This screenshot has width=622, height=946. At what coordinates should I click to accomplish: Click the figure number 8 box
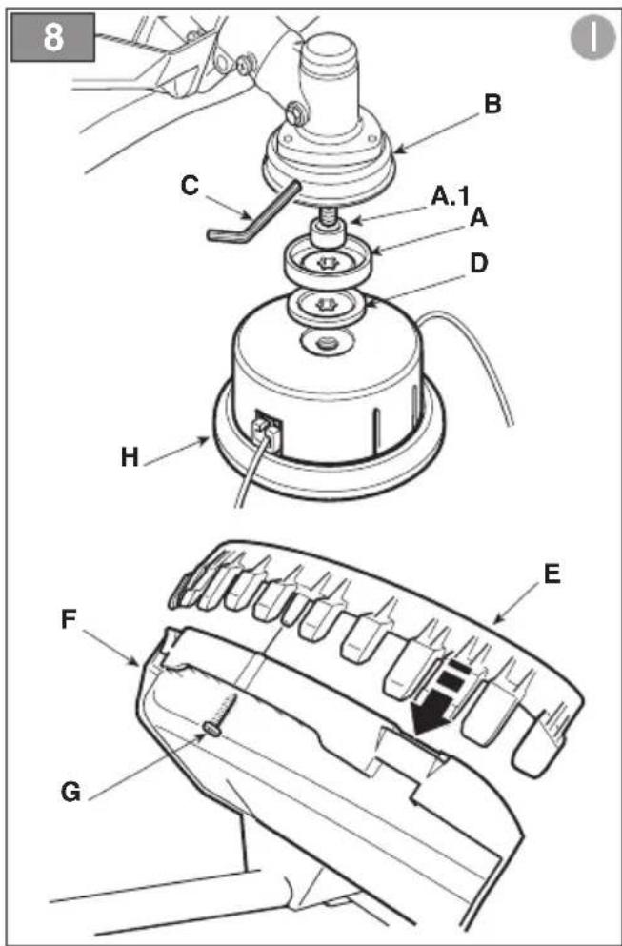(x=53, y=37)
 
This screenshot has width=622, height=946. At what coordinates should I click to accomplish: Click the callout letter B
(x=492, y=105)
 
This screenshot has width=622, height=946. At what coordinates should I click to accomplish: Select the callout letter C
(x=189, y=185)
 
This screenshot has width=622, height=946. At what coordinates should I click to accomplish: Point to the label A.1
(x=450, y=197)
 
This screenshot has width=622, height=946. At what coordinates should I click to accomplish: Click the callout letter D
(x=478, y=263)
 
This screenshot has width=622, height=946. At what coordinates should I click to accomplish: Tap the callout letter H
(x=130, y=456)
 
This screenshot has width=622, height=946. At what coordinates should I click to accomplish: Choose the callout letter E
(x=552, y=574)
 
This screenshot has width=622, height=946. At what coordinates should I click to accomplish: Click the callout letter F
(x=70, y=620)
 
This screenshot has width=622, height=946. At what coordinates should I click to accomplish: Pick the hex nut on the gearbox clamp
(x=295, y=111)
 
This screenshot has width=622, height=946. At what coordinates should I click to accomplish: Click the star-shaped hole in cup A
(x=328, y=263)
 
